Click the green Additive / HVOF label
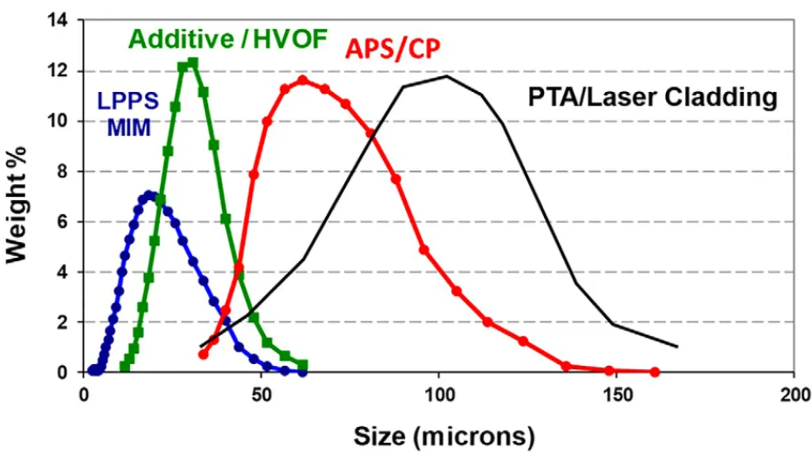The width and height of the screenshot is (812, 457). [x=228, y=39]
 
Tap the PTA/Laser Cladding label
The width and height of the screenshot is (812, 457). [x=652, y=98]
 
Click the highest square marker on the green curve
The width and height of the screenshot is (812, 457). [x=192, y=63]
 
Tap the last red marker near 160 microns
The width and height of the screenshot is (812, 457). [x=654, y=371]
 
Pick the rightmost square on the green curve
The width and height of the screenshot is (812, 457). [x=302, y=365]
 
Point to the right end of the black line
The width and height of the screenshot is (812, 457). [x=677, y=347]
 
